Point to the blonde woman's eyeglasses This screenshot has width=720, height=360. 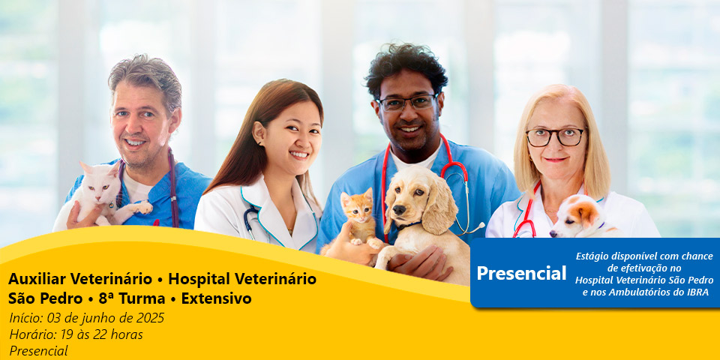tap(555, 136)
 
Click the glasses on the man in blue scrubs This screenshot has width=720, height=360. tap(406, 103)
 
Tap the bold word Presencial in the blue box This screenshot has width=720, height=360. tap(521, 273)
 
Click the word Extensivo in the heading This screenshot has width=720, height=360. tap(216, 298)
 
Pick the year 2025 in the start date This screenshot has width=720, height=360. tap(150, 318)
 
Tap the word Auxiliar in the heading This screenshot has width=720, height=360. tap(37, 278)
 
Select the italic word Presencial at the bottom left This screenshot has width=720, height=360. tap(38, 351)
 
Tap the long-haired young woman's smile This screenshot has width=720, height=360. tap(300, 155)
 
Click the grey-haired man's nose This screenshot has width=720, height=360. tap(134, 127)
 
